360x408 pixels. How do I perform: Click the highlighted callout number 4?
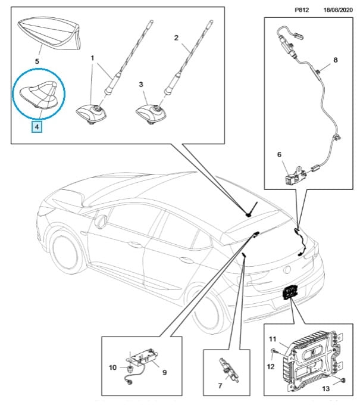[x=37, y=126]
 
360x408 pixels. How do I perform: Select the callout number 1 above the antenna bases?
[x=93, y=58]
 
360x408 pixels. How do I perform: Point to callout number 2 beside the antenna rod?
[x=176, y=38]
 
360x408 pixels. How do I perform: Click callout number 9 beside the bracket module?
[x=164, y=373]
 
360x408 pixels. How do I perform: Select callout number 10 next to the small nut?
[x=112, y=367]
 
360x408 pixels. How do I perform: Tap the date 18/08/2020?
[x=338, y=11]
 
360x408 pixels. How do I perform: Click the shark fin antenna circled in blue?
[x=39, y=95]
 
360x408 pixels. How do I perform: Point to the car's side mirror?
[x=99, y=222]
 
